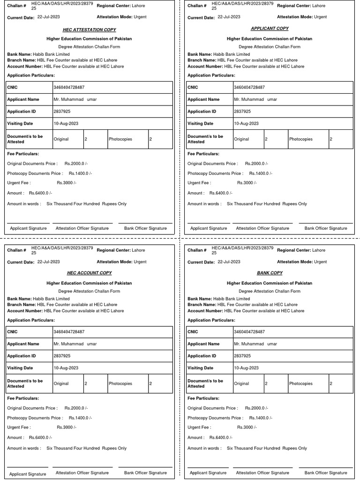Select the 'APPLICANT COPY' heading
coord(270,29)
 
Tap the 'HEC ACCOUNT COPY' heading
coord(89,273)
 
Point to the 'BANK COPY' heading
coord(270,273)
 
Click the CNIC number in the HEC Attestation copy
coord(69,88)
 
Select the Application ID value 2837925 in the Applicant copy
coord(242,112)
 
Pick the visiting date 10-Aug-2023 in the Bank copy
coord(246,368)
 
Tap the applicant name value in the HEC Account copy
coord(75,344)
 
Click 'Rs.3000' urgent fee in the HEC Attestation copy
coord(66,183)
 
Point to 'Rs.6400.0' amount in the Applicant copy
coord(220,193)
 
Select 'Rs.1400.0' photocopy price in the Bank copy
coord(260,418)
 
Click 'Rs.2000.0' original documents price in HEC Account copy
coord(75,408)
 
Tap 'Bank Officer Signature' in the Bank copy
coord(326,473)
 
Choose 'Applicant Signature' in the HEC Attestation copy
coord(29,228)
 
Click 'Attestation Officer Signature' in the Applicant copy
coord(262,228)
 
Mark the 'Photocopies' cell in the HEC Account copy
coord(120,383)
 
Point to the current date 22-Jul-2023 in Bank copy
coord(229,262)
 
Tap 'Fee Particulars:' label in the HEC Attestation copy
coord(23,154)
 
